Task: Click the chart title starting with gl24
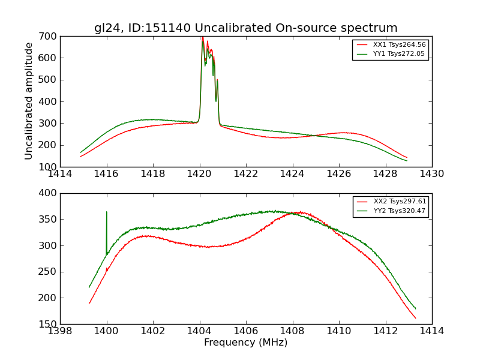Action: click(x=245, y=28)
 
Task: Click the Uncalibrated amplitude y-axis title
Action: click(x=29, y=101)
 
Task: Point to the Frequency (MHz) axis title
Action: click(x=245, y=343)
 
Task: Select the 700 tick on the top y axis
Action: click(x=50, y=36)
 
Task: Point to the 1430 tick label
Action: click(x=431, y=174)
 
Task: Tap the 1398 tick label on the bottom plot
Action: click(x=61, y=331)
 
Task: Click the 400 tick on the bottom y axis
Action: click(x=50, y=193)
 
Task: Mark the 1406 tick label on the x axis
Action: click(x=246, y=331)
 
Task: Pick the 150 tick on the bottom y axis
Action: click(x=50, y=324)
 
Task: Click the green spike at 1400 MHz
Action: click(x=107, y=212)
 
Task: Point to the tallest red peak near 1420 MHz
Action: click(x=203, y=38)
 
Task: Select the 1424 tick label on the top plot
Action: click(x=292, y=174)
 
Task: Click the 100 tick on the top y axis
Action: click(x=50, y=167)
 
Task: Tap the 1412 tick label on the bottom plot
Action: click(x=385, y=331)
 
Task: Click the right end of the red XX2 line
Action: click(x=415, y=318)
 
